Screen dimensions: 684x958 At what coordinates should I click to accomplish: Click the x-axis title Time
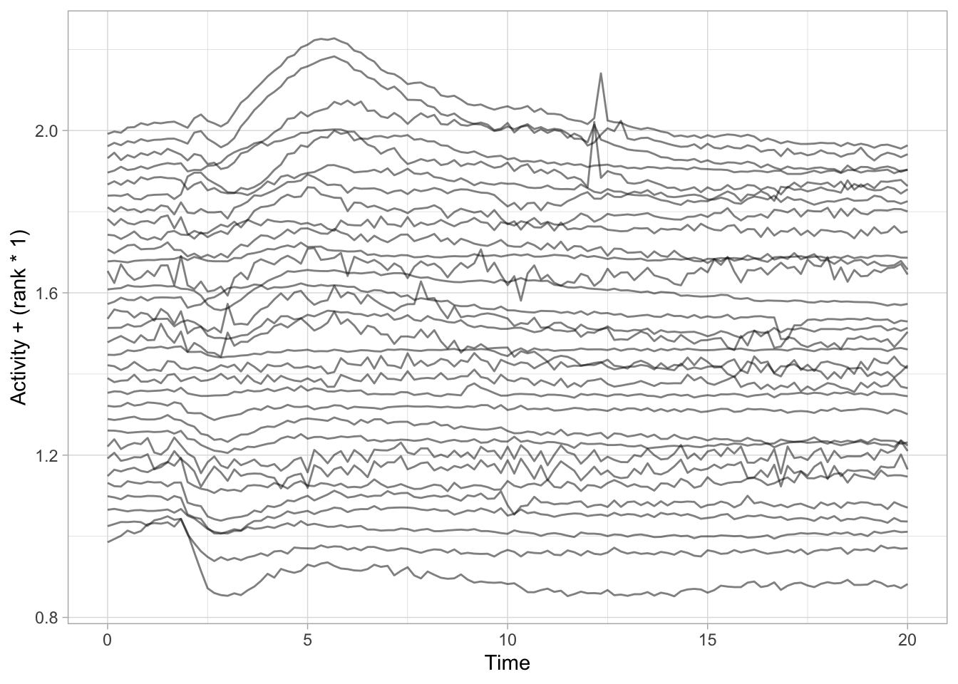508,663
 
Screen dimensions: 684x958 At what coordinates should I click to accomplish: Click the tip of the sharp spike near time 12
601,73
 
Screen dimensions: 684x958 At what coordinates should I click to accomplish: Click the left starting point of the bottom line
108,542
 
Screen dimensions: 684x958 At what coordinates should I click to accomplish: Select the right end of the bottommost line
907,584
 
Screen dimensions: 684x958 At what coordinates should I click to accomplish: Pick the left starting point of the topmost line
108,133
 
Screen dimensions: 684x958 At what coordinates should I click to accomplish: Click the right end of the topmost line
907,146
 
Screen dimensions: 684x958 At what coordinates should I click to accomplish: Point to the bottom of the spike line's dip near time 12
588,188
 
